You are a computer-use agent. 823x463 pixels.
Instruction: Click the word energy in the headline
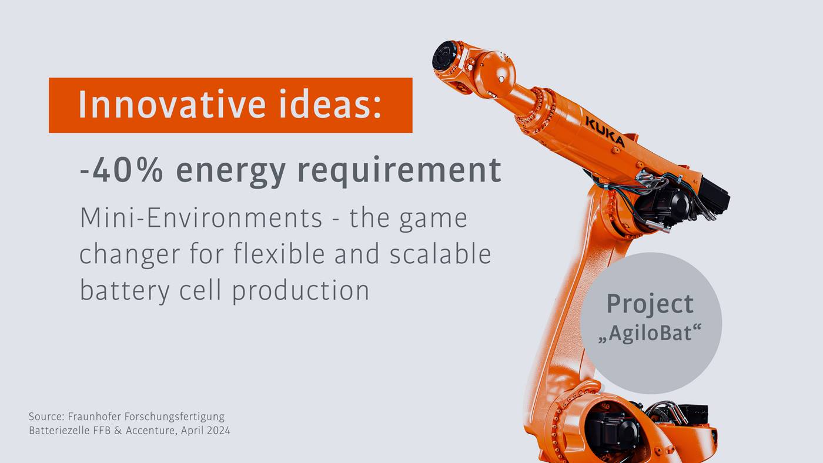[x=230, y=171]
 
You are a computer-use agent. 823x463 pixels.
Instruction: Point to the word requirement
[x=399, y=171]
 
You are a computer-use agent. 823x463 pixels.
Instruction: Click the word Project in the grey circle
[x=650, y=304]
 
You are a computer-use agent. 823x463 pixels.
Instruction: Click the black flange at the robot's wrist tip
[x=444, y=58]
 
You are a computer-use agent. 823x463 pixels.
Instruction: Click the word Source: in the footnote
[x=46, y=417]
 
